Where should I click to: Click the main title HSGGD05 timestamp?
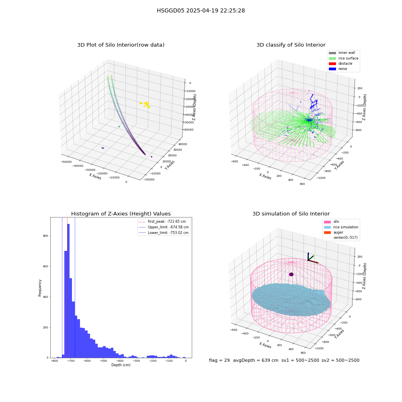click(201, 10)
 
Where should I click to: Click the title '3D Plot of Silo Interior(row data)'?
click(121, 45)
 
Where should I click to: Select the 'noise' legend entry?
click(338, 69)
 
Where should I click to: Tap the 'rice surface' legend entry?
click(344, 58)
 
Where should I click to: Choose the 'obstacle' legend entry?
click(340, 64)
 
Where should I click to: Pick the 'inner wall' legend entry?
click(342, 53)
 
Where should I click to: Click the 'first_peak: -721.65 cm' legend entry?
click(162, 222)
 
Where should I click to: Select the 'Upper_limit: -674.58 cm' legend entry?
click(164, 227)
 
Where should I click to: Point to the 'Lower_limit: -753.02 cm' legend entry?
click(164, 233)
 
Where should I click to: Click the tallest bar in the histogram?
click(68, 291)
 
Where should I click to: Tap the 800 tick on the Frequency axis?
click(46, 236)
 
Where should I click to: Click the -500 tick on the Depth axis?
click(103, 361)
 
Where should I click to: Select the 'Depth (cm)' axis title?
click(121, 365)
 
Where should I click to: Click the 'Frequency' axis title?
click(40, 288)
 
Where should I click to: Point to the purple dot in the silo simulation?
click(291, 274)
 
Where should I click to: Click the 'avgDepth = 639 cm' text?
click(256, 360)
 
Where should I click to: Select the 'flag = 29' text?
click(219, 360)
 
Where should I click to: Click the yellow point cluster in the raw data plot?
click(146, 105)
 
